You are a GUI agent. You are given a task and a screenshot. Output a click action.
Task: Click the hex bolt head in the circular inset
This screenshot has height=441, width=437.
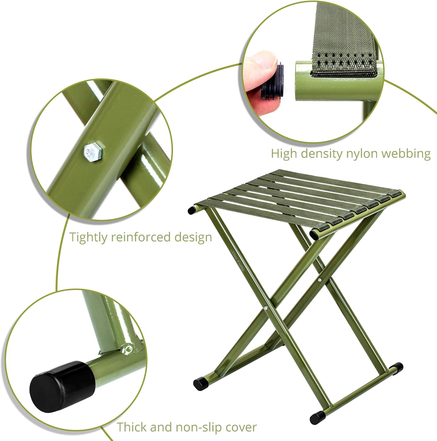tap(93, 153)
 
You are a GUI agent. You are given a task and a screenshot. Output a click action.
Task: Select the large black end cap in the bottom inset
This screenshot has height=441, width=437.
tap(62, 386)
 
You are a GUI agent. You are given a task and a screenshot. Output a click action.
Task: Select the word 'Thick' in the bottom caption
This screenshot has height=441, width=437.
tap(132, 427)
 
